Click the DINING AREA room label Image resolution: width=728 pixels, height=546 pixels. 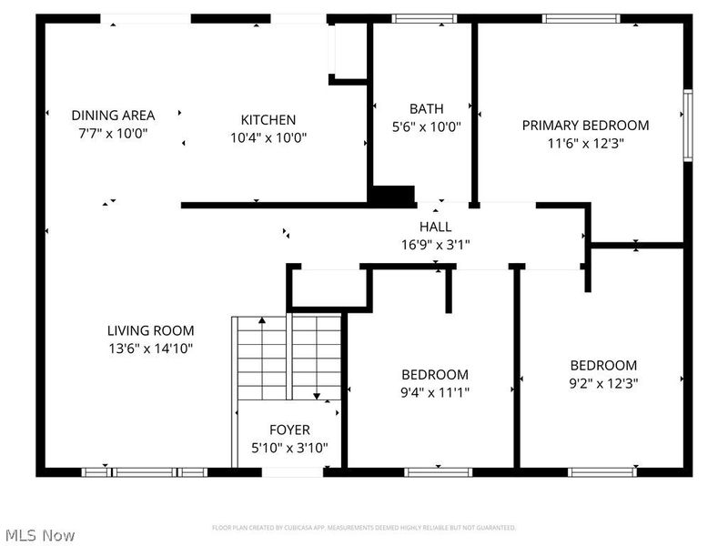tap(113, 116)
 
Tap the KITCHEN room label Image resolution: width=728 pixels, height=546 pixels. tap(268, 120)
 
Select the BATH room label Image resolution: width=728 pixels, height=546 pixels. tap(427, 109)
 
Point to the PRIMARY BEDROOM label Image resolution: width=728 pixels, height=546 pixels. tap(585, 126)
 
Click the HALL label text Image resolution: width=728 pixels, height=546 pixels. tap(435, 227)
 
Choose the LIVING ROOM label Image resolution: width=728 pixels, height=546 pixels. tap(150, 331)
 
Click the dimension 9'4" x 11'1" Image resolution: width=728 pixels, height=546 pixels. tap(435, 392)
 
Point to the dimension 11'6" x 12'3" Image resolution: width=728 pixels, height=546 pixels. tap(585, 143)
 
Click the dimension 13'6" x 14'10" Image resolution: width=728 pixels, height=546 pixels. tap(150, 349)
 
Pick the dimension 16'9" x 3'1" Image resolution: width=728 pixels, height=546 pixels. tap(435, 244)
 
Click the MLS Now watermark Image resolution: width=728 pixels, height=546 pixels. tap(39, 535)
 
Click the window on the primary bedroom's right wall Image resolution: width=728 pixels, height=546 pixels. tap(687, 125)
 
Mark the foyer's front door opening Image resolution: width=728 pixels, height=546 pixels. tap(292, 471)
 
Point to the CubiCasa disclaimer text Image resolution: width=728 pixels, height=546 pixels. tap(364, 528)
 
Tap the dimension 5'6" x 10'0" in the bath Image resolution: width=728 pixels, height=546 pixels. tap(427, 127)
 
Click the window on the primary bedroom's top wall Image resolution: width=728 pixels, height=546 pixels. tap(581, 18)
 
